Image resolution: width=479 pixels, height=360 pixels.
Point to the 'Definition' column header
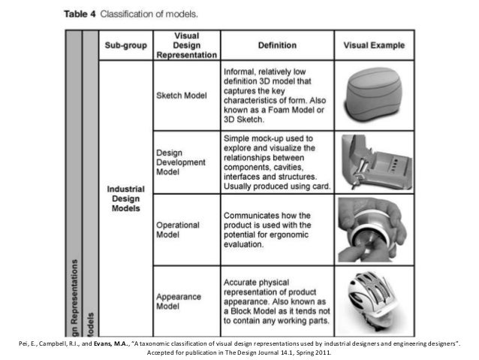276,45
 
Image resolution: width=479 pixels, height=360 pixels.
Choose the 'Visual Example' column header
372,45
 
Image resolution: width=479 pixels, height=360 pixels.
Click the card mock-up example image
373,162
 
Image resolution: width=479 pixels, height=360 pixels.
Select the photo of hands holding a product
373,228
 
